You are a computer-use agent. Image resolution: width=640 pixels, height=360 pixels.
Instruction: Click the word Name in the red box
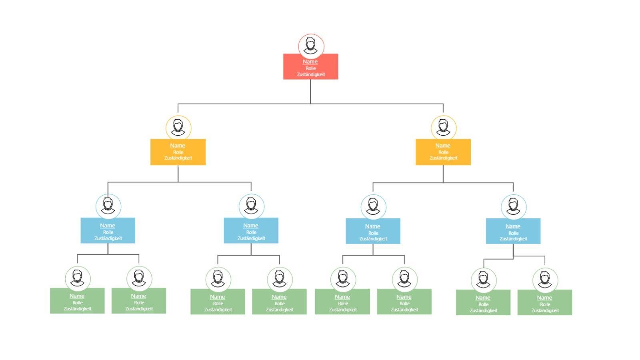(310, 62)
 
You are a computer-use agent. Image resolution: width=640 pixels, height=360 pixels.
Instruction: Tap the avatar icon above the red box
(311, 46)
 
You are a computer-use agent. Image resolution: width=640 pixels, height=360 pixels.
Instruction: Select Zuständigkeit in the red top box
(311, 74)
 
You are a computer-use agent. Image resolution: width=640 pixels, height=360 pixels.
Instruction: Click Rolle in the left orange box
(178, 152)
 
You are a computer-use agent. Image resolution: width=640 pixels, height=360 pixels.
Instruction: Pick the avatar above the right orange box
(443, 128)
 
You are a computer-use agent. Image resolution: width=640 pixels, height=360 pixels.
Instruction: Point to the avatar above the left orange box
(178, 128)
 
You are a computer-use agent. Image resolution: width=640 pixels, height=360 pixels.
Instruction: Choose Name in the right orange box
(443, 146)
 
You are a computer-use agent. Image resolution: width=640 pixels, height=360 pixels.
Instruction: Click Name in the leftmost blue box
(108, 226)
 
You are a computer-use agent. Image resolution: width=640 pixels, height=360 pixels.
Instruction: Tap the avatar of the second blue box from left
(251, 206)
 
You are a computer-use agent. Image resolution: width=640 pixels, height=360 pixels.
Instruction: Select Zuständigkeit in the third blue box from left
(373, 239)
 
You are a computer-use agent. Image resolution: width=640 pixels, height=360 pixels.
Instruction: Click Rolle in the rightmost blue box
(513, 233)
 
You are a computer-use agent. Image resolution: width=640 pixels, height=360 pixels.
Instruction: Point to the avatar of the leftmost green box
(78, 278)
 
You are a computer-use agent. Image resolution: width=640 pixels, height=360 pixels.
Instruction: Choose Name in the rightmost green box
(544, 298)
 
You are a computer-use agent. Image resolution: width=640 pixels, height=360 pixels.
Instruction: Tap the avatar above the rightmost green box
(545, 280)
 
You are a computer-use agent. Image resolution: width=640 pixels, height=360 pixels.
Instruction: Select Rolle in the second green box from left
(139, 303)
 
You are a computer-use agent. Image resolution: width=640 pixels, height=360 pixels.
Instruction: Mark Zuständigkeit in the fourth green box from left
(280, 310)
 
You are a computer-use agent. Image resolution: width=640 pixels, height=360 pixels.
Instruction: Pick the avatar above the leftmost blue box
(108, 206)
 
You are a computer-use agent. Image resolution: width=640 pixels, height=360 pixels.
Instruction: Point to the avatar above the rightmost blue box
(513, 207)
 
